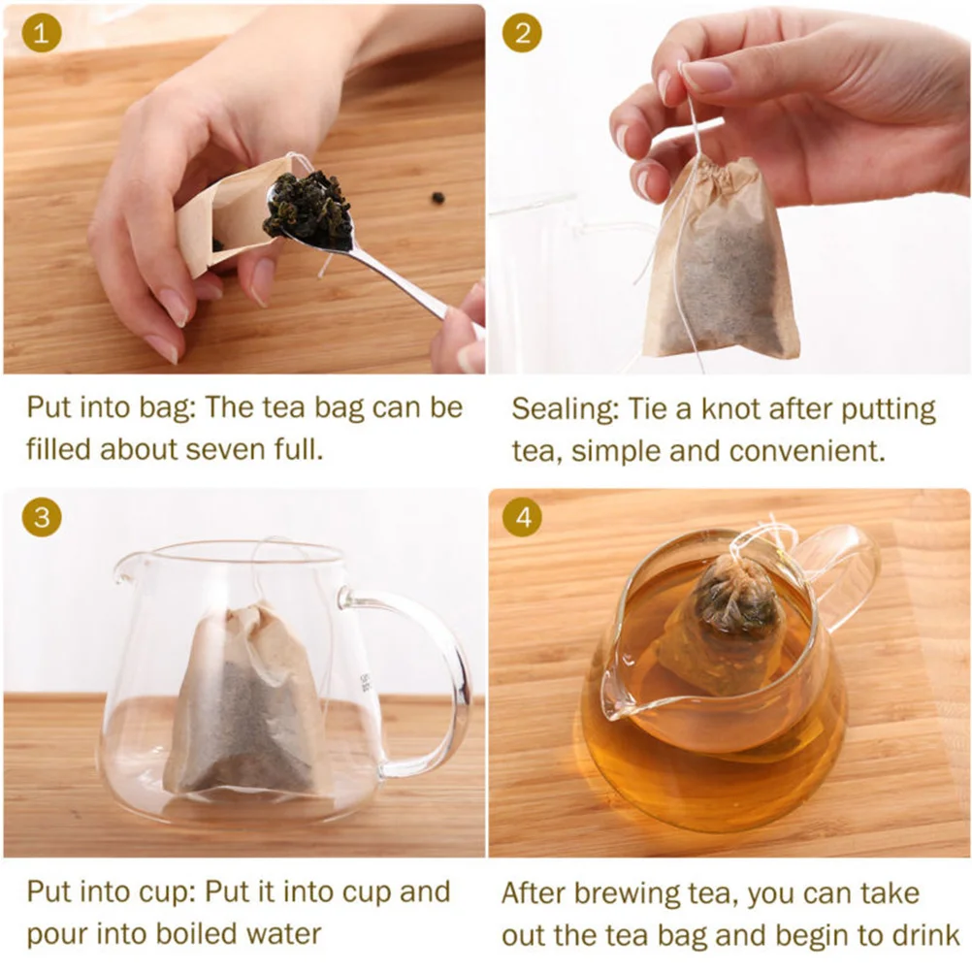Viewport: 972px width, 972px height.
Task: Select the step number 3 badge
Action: (x=41, y=516)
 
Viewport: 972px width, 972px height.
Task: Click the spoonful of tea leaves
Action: (x=308, y=208)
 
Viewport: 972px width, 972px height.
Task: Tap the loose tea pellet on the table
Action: (x=438, y=198)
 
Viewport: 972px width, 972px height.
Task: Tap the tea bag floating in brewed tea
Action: (x=729, y=621)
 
